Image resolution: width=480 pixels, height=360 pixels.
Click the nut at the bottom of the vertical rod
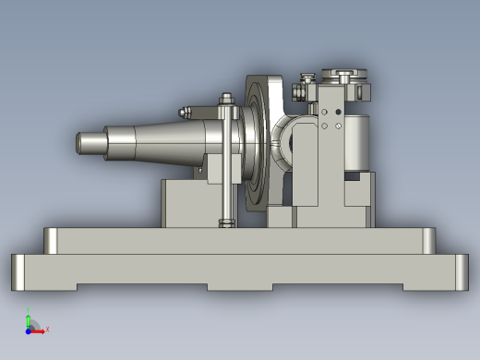pos(225,222)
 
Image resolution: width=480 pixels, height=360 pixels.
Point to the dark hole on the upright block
pos(339,112)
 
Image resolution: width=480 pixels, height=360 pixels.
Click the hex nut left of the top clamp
pos(299,90)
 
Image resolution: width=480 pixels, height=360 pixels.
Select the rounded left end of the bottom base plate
pos(18,271)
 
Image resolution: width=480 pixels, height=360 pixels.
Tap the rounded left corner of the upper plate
pos(52,241)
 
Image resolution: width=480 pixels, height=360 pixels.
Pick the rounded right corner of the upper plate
pos(428,241)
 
